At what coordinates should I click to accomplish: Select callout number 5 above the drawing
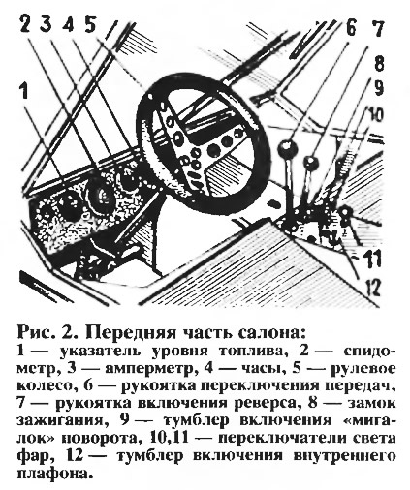click(92, 22)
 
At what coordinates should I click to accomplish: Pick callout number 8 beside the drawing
click(378, 63)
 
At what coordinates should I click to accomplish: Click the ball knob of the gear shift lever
click(287, 147)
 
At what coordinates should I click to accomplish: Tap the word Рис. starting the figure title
click(35, 332)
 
